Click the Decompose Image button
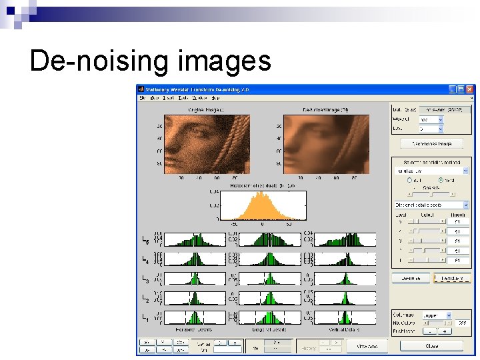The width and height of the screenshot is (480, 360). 431,143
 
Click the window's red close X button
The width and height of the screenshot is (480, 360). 470,89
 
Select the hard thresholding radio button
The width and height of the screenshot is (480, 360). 441,180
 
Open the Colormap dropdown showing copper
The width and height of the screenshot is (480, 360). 437,315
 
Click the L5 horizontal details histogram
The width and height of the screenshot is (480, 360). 195,240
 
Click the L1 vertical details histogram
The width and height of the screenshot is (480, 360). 344,318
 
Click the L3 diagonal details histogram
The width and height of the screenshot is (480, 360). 269,279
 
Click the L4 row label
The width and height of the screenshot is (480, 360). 146,259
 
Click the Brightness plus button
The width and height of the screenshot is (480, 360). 444,331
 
